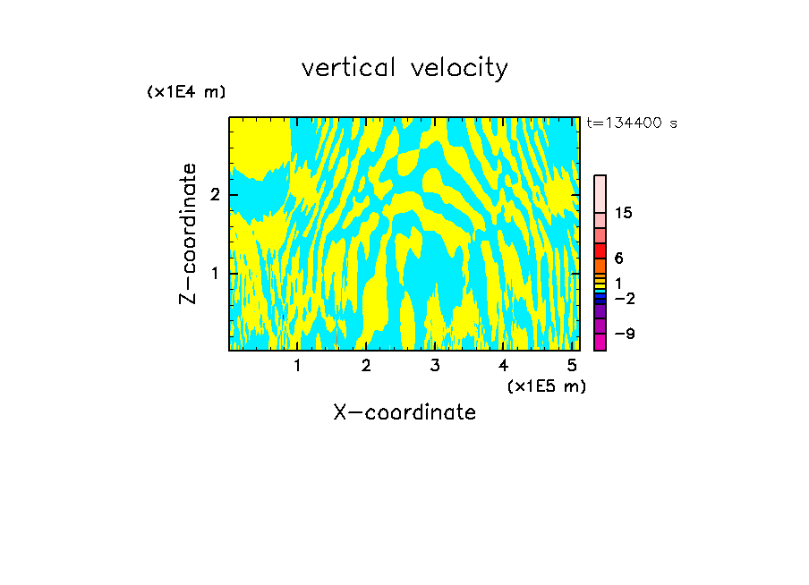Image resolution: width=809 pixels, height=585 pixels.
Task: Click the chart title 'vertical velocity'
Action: click(x=404, y=68)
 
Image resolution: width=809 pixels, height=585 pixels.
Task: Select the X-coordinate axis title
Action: click(x=404, y=412)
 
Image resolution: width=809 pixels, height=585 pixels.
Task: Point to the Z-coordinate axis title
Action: click(x=188, y=233)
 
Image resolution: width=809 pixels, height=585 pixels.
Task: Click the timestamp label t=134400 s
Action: click(x=632, y=123)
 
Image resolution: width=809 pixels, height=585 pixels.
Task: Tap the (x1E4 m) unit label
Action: click(x=186, y=92)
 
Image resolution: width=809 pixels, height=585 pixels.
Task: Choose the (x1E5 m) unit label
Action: click(x=546, y=386)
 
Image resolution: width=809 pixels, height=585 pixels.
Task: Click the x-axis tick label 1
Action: click(x=298, y=365)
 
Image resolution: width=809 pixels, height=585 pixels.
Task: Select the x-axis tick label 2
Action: click(x=366, y=365)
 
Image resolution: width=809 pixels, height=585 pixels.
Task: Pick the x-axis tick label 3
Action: click(x=435, y=365)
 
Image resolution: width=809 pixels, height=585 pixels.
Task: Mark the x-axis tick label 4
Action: click(x=504, y=365)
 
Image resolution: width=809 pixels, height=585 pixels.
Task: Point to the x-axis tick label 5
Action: click(x=572, y=365)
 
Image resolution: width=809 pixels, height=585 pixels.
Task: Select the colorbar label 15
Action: click(x=624, y=214)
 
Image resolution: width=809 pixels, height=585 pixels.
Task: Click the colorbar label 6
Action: click(x=619, y=259)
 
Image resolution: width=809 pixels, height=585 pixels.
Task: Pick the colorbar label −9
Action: click(x=624, y=335)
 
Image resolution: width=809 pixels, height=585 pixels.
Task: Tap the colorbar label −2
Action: click(x=624, y=299)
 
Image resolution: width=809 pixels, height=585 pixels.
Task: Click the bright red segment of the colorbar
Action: click(x=600, y=250)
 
